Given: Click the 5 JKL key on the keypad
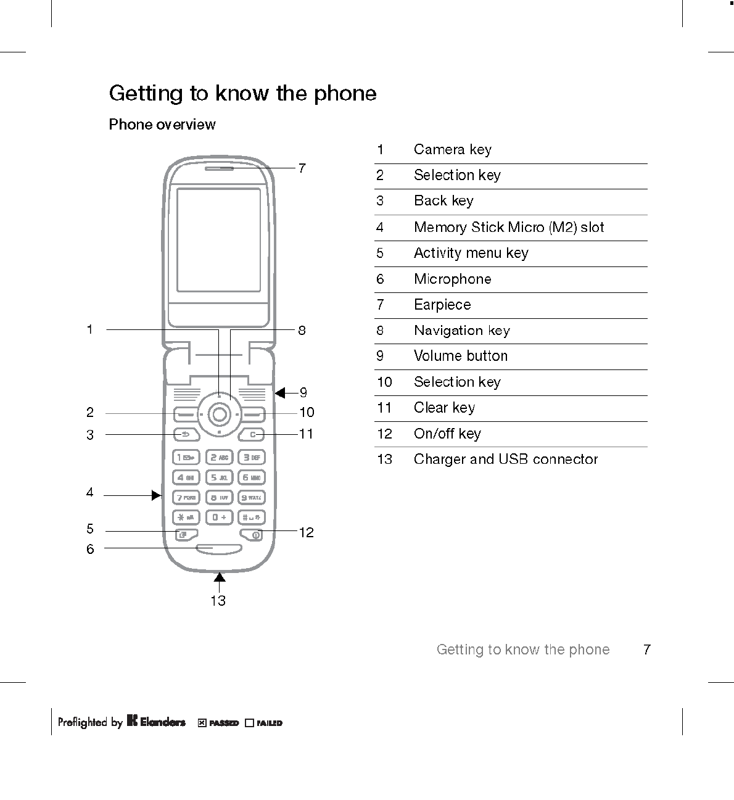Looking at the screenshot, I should (219, 477).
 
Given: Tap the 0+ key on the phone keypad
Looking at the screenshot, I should (219, 517).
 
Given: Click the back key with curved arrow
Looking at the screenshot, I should (186, 434).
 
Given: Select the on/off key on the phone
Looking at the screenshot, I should (253, 534).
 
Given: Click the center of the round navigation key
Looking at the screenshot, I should (219, 414).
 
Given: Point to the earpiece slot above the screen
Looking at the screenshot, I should (219, 167).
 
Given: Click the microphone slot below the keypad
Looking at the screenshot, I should (219, 548).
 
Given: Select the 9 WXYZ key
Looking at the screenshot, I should (252, 497).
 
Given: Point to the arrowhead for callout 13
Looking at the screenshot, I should (219, 577).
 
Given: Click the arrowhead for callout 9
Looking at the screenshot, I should (280, 393).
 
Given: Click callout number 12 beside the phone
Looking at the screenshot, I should (307, 532).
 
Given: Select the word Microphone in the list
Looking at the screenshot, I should (453, 279).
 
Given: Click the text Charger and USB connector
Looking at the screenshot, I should (506, 460).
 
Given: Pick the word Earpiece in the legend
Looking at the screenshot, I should (442, 305).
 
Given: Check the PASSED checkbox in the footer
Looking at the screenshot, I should (202, 723).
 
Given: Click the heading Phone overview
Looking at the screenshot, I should (162, 125).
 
